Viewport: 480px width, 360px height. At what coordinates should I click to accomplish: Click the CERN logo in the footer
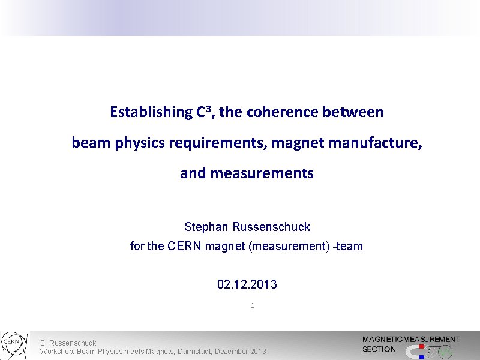pos(13,343)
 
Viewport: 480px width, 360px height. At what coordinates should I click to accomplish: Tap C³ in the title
pos(205,112)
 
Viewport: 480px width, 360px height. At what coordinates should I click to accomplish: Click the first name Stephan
pos(206,227)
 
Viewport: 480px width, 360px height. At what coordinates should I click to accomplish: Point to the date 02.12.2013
pos(247,284)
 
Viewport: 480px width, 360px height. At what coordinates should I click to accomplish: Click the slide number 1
pos(253,305)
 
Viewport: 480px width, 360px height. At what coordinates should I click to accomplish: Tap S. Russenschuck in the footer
pos(68,343)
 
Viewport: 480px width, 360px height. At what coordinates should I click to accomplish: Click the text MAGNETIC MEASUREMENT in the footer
pos(411,340)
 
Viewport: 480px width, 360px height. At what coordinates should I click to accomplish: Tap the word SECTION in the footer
pos(379,349)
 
